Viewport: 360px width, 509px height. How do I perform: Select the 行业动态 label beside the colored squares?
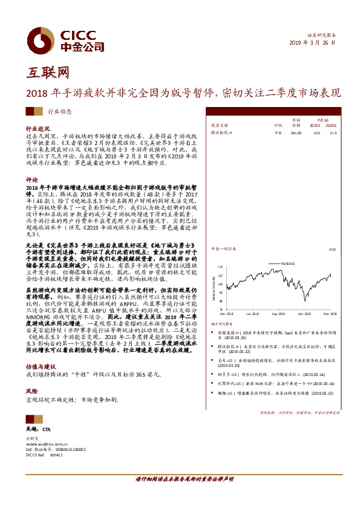point(59,111)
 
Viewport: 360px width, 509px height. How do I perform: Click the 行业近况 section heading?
point(37,129)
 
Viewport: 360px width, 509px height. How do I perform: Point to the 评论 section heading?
point(31,180)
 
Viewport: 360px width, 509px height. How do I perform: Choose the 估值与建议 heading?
point(40,366)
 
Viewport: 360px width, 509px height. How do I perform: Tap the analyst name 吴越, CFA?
point(42,428)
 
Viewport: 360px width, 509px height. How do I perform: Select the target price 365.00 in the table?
point(296,132)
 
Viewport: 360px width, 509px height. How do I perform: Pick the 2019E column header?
point(315,125)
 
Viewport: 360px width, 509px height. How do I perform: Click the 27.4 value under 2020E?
point(332,132)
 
